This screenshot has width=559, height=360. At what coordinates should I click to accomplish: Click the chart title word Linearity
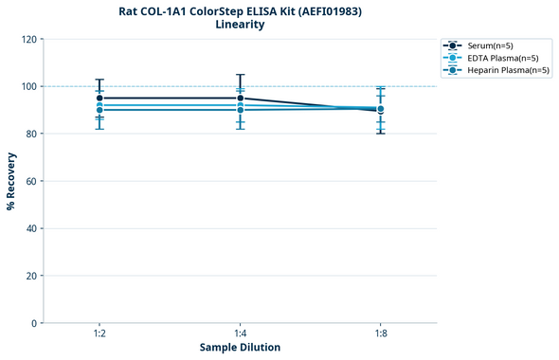click(240, 25)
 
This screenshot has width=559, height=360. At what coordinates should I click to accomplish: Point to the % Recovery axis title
click(11, 180)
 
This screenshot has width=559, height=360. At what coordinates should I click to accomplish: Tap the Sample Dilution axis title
click(240, 348)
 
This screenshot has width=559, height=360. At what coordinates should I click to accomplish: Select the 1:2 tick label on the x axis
click(99, 333)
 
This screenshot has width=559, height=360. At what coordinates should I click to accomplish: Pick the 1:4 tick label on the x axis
click(240, 333)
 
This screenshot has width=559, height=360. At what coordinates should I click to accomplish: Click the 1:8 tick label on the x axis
click(380, 333)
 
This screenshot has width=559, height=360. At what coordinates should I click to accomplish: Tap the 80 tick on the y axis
click(30, 134)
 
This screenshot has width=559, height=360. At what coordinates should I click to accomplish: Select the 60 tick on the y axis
click(30, 181)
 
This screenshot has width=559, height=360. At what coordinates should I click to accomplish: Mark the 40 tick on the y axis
click(30, 228)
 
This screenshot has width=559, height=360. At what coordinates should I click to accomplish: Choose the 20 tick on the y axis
click(30, 276)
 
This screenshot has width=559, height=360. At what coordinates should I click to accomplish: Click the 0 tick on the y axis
click(33, 323)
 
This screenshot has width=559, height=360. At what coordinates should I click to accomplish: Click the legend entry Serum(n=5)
click(492, 45)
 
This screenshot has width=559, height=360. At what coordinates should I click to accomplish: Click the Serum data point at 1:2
click(99, 98)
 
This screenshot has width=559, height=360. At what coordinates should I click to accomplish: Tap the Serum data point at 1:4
click(240, 98)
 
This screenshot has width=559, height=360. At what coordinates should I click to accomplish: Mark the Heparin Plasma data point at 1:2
click(99, 110)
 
